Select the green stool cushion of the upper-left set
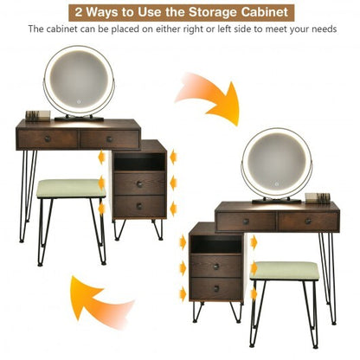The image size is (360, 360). pyautogui.click(x=70, y=188)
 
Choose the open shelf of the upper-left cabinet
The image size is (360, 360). pyautogui.click(x=138, y=162)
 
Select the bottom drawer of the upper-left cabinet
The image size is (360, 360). pyautogui.click(x=138, y=205)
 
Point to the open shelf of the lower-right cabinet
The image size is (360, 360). pyautogui.click(x=215, y=244)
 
